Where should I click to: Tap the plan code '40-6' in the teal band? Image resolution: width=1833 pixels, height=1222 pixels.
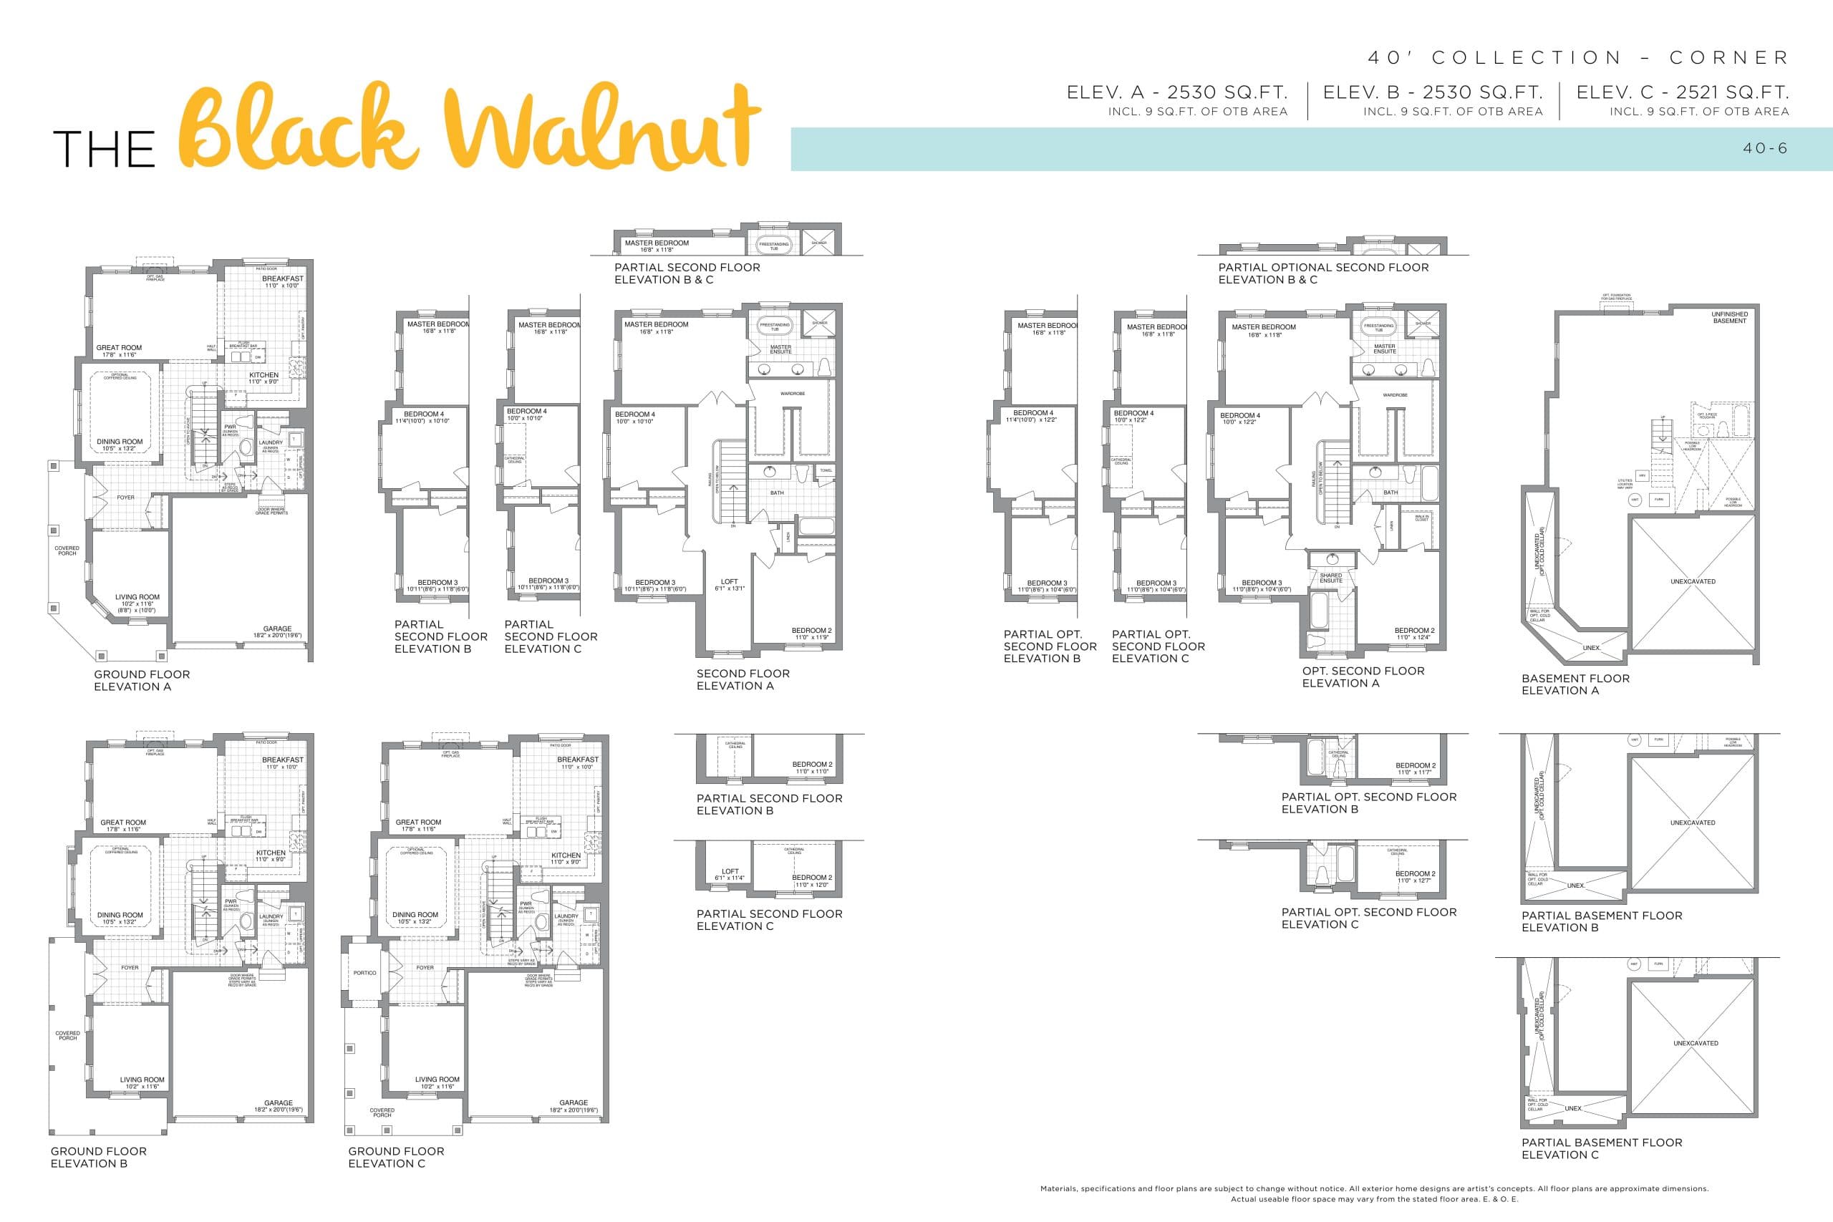point(1765,148)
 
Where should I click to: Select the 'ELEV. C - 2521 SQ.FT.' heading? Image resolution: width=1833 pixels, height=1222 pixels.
point(1683,92)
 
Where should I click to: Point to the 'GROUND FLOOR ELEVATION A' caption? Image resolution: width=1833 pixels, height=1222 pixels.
point(142,680)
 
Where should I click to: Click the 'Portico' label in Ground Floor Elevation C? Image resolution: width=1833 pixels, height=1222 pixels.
point(364,973)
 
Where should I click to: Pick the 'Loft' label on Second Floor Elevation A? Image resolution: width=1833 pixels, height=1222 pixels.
point(730,581)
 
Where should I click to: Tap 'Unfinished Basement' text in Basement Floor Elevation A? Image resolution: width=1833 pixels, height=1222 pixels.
point(1729,317)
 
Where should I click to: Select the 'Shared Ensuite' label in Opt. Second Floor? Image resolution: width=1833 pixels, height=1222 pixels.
point(1331,578)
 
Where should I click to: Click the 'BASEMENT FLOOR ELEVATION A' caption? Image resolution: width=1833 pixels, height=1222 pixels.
point(1575,684)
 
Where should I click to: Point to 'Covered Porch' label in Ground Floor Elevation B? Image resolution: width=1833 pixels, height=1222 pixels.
point(68,1035)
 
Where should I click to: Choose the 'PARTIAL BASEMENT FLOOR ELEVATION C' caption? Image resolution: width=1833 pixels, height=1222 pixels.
point(1602,1148)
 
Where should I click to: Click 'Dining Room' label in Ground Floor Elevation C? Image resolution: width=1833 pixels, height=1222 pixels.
point(415,915)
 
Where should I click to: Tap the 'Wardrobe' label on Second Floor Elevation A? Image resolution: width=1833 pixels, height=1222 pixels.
point(793,394)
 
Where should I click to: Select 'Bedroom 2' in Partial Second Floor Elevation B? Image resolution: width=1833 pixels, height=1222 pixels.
point(812,765)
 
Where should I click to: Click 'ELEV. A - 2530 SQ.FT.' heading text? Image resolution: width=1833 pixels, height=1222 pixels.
point(1177,92)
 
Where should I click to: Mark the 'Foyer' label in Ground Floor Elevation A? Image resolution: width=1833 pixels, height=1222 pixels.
point(125,498)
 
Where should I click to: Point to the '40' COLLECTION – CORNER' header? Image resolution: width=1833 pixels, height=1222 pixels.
point(1577,58)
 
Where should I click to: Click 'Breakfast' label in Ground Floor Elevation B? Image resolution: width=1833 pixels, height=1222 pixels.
point(282,760)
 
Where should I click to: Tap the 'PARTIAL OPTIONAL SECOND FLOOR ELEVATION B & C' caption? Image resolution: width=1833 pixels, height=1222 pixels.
point(1323,273)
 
